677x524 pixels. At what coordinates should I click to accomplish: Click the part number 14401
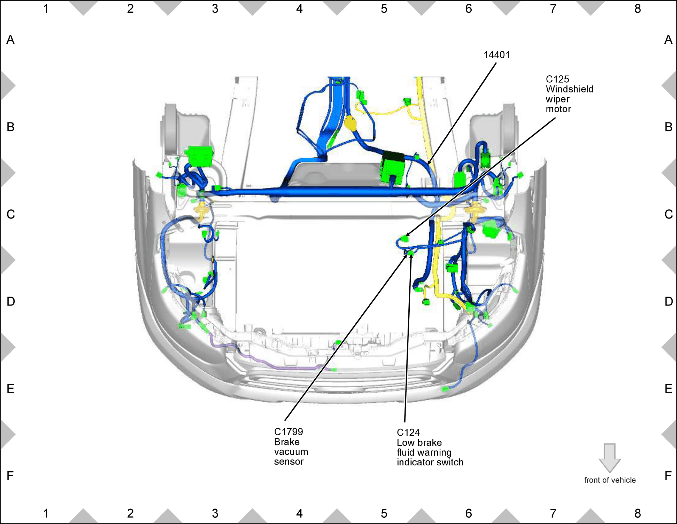(496, 55)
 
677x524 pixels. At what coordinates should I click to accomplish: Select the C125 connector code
(557, 79)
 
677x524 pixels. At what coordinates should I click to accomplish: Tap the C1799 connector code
(288, 432)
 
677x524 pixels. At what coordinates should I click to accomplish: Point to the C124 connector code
(408, 433)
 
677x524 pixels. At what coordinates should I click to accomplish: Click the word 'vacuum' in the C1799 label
(291, 452)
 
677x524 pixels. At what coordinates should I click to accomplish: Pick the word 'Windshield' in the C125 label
(569, 89)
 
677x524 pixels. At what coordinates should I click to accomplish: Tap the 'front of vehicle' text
(610, 480)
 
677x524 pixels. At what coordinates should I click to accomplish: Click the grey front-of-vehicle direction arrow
(610, 458)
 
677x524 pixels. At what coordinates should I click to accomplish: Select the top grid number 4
(299, 9)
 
